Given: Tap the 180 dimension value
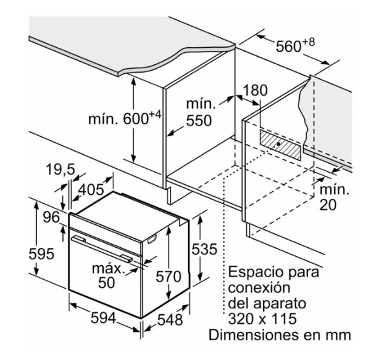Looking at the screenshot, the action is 255,90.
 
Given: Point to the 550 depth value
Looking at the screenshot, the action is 199,120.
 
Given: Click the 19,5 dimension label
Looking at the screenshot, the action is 60,169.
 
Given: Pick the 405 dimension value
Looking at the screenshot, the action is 91,189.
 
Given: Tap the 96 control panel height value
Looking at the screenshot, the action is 51,217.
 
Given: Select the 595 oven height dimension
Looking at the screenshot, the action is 41,254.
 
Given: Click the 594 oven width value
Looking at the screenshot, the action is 103,317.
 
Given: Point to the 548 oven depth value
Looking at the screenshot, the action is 170,319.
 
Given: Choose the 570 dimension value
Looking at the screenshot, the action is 169,277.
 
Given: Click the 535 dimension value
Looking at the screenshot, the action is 204,249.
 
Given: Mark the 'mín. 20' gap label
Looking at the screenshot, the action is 334,197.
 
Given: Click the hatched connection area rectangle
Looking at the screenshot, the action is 280,145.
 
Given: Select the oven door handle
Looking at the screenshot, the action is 102,249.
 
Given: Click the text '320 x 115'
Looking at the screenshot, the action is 262,319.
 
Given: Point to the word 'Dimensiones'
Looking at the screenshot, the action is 255,335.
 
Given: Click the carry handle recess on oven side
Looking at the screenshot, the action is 152,240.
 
